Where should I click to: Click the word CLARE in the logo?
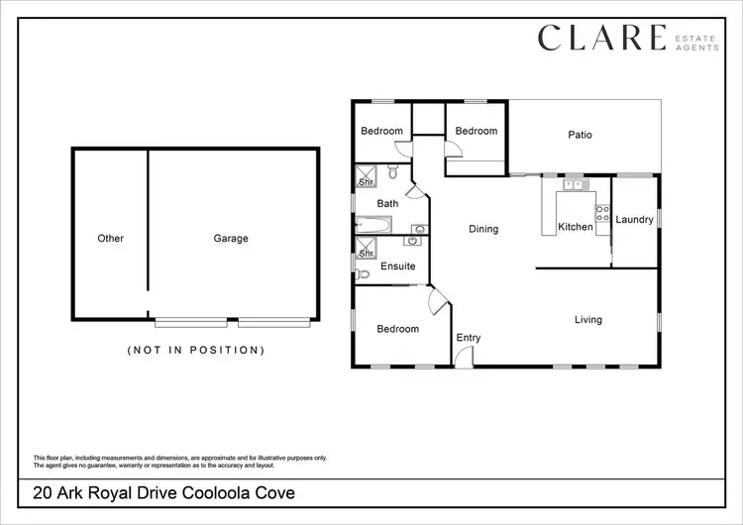coord(601,38)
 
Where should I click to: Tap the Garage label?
coord(231,239)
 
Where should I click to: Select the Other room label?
coord(111,239)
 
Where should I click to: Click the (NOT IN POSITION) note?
coord(196,350)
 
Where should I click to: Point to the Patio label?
coord(580,135)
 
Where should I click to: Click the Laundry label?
coord(634,220)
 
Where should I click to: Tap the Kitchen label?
coord(575,227)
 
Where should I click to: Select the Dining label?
coord(483,229)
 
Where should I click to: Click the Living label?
coord(588,320)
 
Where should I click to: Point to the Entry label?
coord(469,338)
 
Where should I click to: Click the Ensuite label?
coord(397,266)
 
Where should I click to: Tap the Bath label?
coord(387,204)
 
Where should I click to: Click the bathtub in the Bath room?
coord(373,225)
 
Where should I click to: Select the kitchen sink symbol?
coord(574,184)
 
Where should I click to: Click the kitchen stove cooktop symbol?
coord(601,213)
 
